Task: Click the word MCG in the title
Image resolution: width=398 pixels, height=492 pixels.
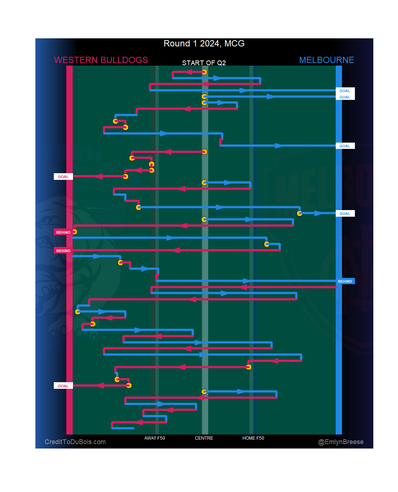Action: pyautogui.click(x=234, y=43)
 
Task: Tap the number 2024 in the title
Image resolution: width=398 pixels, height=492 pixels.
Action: pyautogui.click(x=210, y=43)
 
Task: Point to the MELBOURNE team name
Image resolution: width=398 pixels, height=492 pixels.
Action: pyautogui.click(x=327, y=60)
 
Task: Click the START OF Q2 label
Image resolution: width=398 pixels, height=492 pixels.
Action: pyautogui.click(x=204, y=63)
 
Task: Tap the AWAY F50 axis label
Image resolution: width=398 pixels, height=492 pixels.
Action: pyautogui.click(x=155, y=438)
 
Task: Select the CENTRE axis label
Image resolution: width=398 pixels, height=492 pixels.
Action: pyautogui.click(x=204, y=438)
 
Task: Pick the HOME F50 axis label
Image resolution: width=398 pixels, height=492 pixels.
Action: pyautogui.click(x=253, y=438)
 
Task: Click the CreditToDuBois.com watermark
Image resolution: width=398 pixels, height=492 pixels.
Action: pyautogui.click(x=75, y=442)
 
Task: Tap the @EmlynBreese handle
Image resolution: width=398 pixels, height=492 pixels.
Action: pyautogui.click(x=341, y=442)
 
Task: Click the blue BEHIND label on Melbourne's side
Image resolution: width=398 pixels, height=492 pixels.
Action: pyautogui.click(x=345, y=282)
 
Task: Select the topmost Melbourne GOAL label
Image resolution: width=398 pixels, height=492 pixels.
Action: pyautogui.click(x=345, y=91)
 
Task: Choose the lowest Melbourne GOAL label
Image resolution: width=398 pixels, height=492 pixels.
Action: pyautogui.click(x=345, y=214)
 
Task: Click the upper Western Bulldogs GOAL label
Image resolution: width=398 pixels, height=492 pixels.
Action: pyautogui.click(x=63, y=177)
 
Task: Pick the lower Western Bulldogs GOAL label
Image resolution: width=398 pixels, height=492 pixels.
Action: pyautogui.click(x=63, y=386)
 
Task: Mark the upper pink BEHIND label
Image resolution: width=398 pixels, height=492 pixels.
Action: pyautogui.click(x=63, y=233)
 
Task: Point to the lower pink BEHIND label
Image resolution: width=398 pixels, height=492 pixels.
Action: pyautogui.click(x=63, y=251)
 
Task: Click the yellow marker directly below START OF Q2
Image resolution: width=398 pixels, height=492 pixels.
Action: pyautogui.click(x=204, y=72)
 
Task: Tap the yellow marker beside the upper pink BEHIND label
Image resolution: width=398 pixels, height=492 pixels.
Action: pyautogui.click(x=74, y=232)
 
